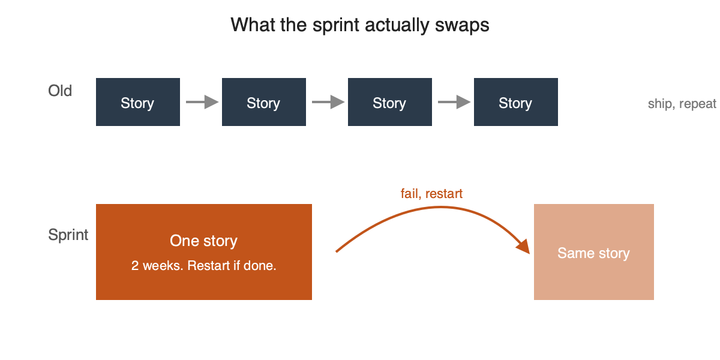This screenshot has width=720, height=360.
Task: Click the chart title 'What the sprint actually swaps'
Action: (x=359, y=25)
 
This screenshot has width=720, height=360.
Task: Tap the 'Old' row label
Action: (x=60, y=91)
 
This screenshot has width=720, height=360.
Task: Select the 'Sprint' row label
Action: (x=68, y=235)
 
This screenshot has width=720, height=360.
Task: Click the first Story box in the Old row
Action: (x=138, y=102)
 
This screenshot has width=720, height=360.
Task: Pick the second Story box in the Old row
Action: (x=264, y=102)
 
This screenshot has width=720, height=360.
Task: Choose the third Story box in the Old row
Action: (x=390, y=102)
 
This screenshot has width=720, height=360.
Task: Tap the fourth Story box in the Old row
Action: (x=516, y=102)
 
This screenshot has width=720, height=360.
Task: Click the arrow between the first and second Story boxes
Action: (x=202, y=102)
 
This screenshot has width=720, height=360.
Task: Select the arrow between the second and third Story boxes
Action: (x=328, y=102)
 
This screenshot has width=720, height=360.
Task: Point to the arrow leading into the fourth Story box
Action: (x=454, y=102)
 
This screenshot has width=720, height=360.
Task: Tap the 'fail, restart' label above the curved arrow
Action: (x=431, y=194)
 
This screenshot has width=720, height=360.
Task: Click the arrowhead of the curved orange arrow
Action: (x=524, y=247)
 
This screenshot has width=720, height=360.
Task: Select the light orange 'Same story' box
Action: (x=594, y=252)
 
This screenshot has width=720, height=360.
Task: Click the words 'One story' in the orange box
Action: (x=203, y=241)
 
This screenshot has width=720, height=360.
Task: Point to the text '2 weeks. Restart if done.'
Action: (x=204, y=266)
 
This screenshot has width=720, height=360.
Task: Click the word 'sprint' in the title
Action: (x=336, y=25)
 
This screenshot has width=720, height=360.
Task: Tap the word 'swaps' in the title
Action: (x=462, y=25)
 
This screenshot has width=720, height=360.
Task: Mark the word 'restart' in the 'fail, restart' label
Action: (x=444, y=194)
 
